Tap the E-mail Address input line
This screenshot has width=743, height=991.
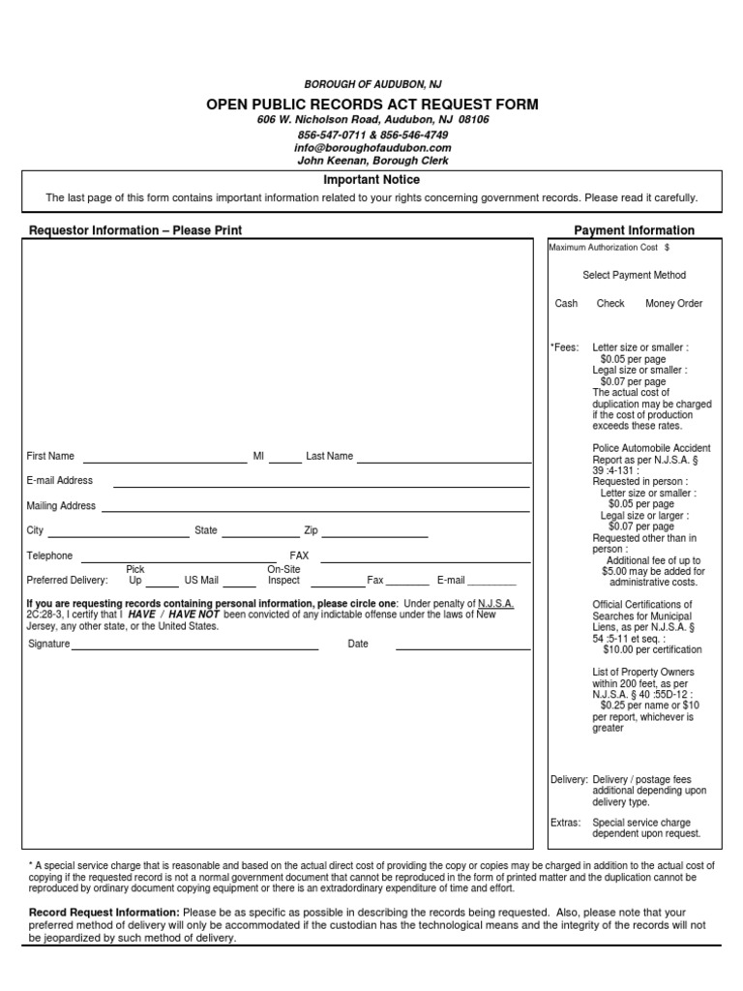(x=321, y=484)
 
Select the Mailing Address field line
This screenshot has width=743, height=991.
(x=315, y=509)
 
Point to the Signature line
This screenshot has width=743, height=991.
(x=194, y=647)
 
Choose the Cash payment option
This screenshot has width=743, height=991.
(x=566, y=303)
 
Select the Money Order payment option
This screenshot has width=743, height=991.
(x=673, y=303)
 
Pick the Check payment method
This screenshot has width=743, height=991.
(x=610, y=303)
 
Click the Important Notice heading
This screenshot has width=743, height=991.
(x=371, y=180)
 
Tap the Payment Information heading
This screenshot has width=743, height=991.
(x=634, y=230)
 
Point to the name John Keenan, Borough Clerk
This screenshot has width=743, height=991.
(x=372, y=161)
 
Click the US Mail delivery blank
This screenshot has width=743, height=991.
(x=242, y=585)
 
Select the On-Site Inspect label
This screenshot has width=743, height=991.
(x=283, y=576)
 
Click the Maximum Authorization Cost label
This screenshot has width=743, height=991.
(x=606, y=248)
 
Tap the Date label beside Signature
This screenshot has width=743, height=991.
(x=358, y=644)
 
